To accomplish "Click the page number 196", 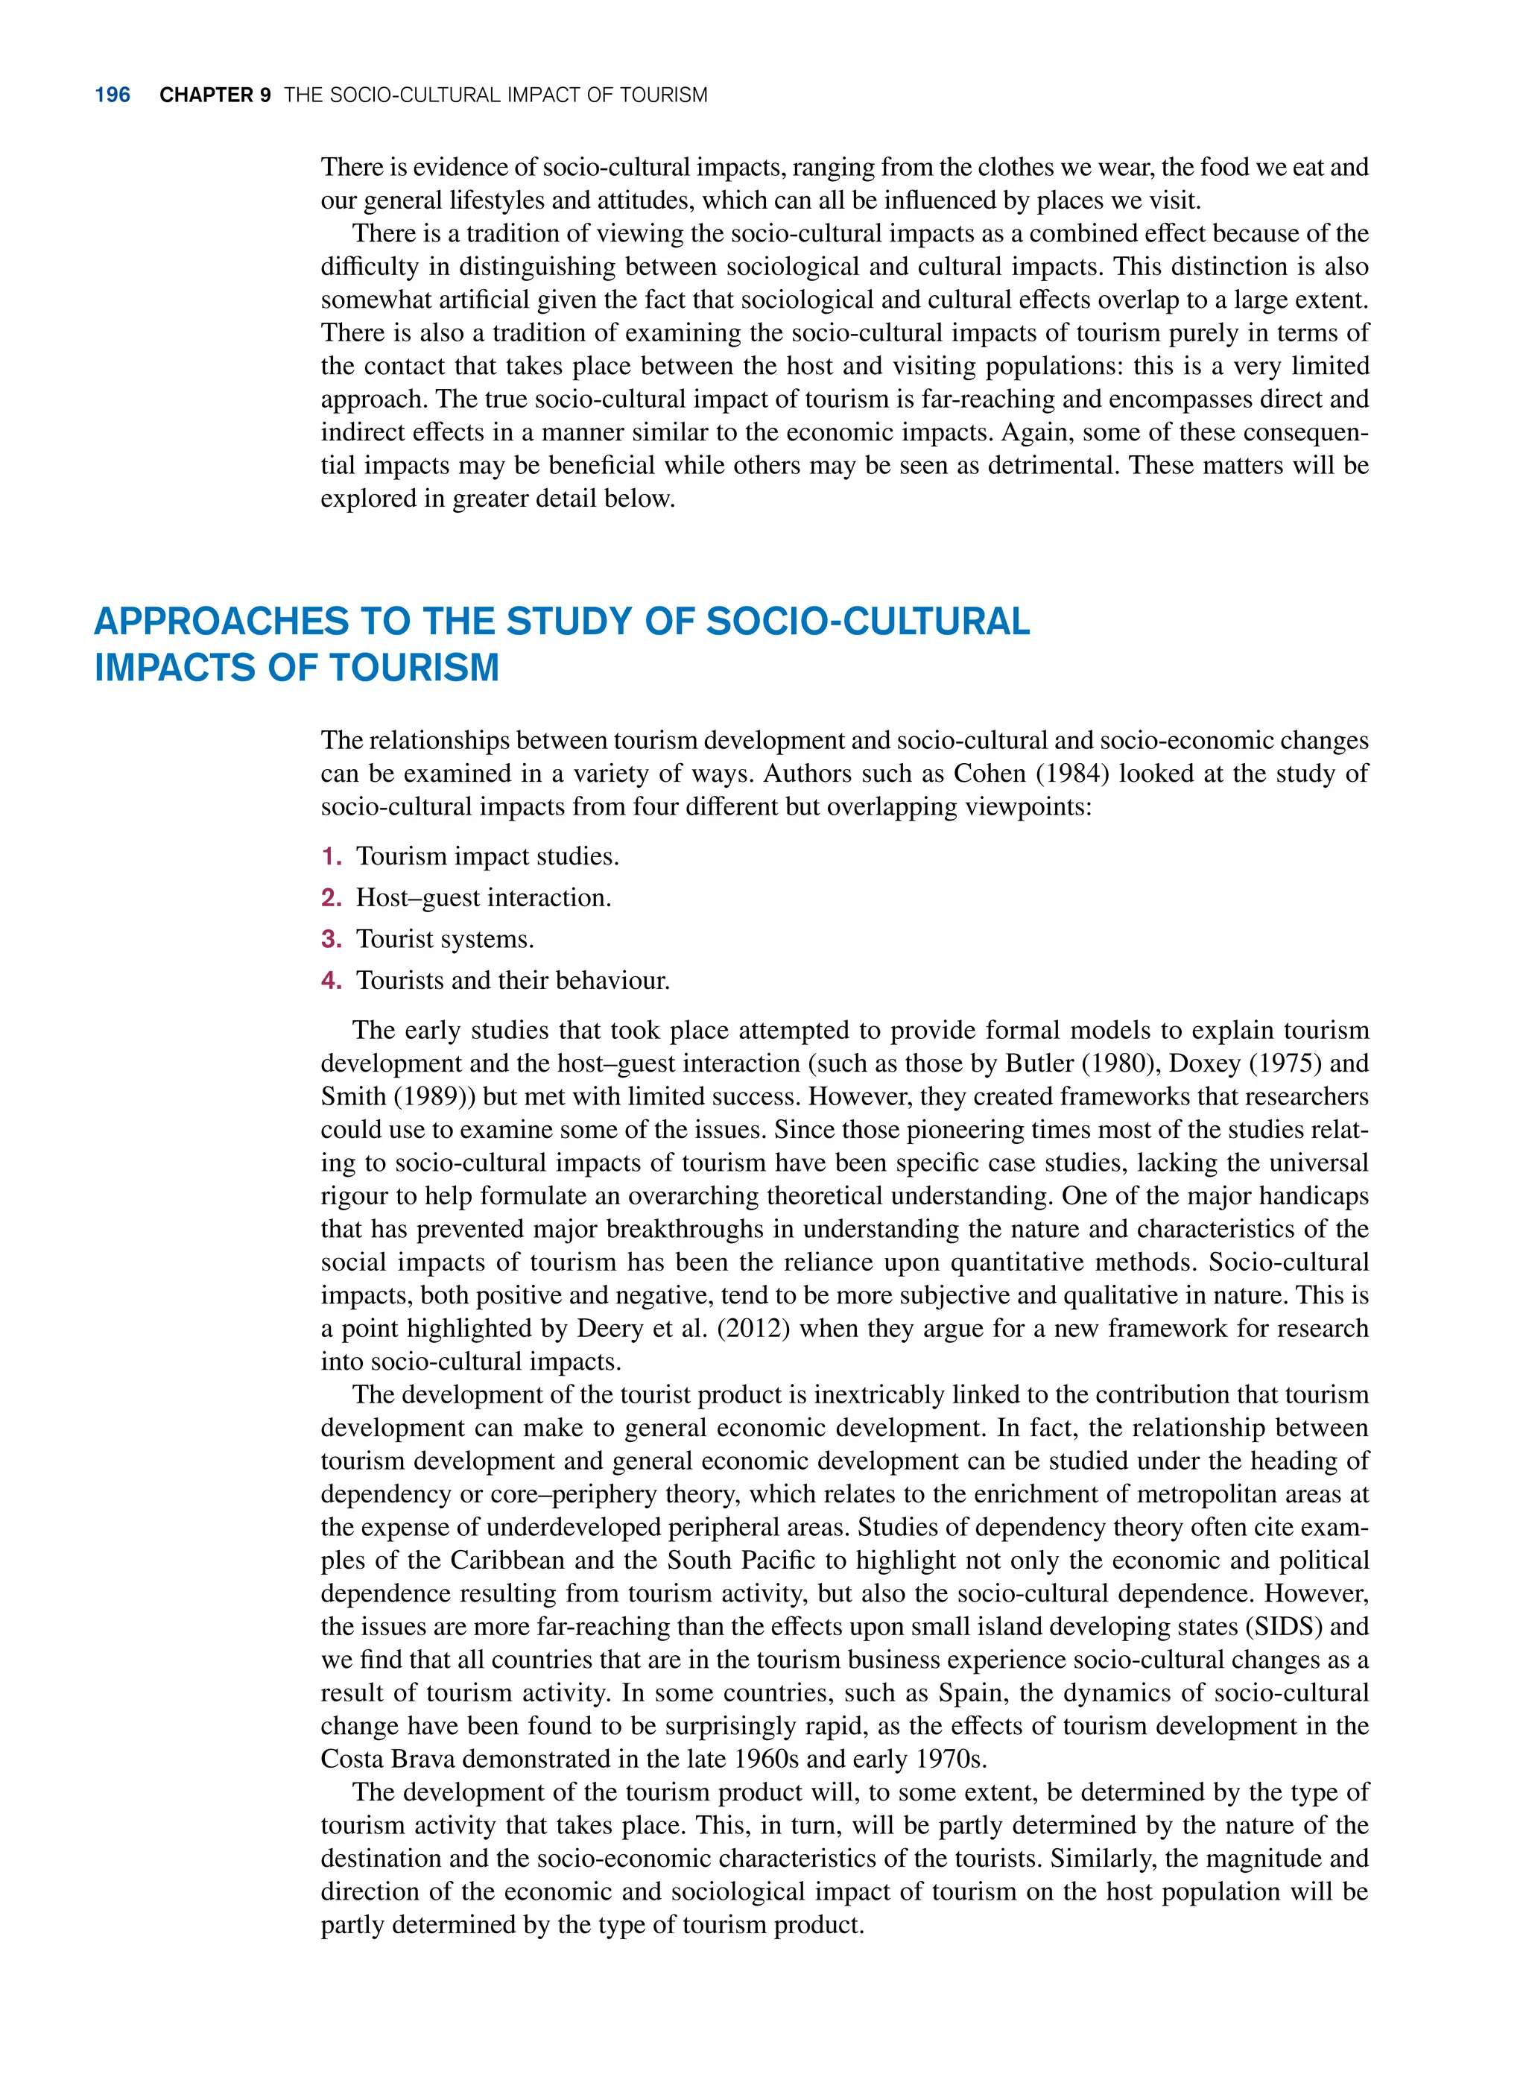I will (112, 95).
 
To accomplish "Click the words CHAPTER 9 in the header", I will (215, 95).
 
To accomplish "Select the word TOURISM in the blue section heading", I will (414, 668).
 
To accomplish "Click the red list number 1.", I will (330, 856).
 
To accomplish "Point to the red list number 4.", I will (331, 980).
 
